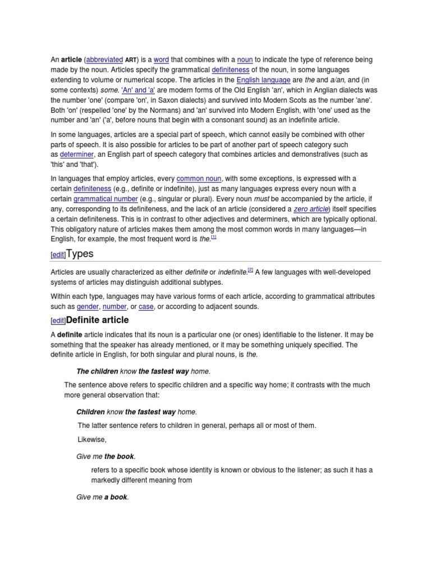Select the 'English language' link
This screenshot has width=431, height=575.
click(260, 80)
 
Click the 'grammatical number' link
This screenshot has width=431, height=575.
click(106, 199)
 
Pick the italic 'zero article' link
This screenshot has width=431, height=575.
click(311, 209)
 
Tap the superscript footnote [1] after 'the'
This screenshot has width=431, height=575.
click(214, 237)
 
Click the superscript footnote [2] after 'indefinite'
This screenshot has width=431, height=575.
click(251, 270)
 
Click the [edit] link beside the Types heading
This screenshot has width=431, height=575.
click(58, 255)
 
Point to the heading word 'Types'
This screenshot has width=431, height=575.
click(80, 254)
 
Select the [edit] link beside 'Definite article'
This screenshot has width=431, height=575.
click(58, 321)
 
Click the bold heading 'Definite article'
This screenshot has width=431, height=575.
click(98, 320)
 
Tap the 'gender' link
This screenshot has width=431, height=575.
click(88, 307)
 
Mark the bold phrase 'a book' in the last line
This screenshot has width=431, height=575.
click(116, 497)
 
